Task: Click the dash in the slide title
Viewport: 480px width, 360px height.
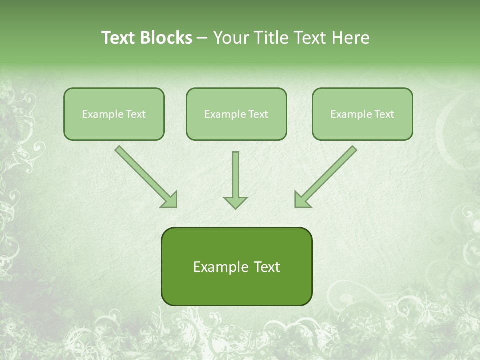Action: tap(202, 38)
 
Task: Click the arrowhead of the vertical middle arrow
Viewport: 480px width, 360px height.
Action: tap(235, 202)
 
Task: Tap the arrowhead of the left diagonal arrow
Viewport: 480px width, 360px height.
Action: tap(170, 200)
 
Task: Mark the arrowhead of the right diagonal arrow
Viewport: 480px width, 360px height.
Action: tap(301, 200)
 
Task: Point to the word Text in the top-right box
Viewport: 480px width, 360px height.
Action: tap(384, 114)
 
